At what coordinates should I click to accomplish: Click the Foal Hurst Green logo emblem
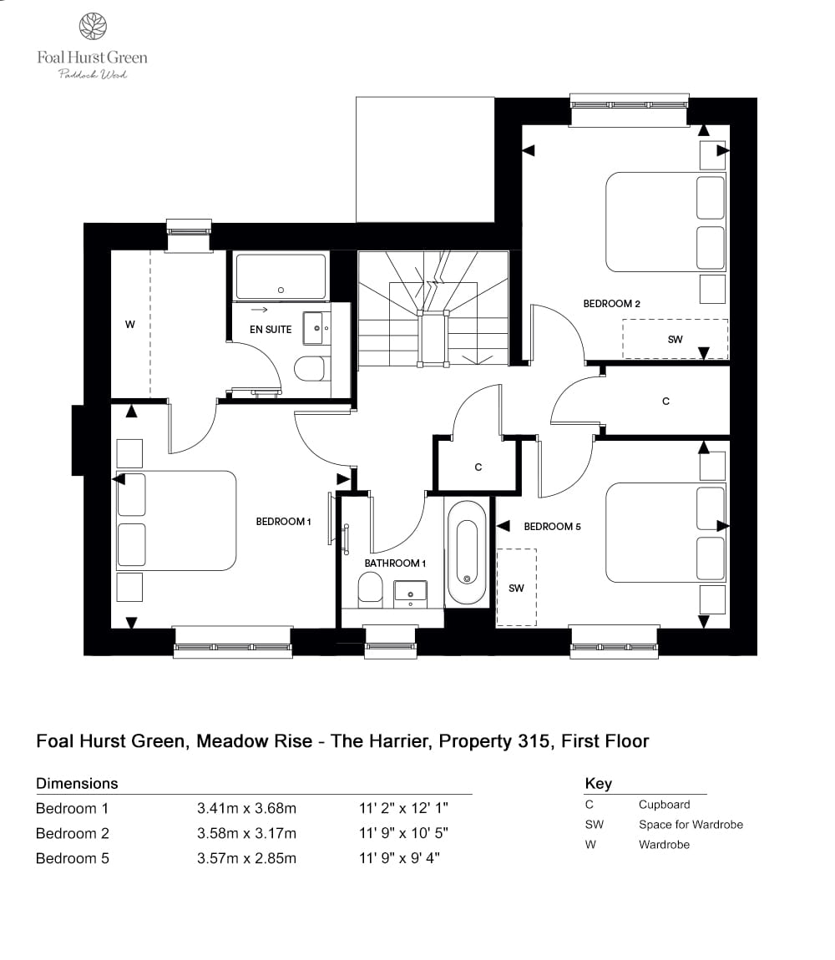(x=92, y=27)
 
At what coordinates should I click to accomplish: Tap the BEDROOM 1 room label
(x=283, y=522)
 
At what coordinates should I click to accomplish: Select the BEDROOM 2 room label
(x=611, y=304)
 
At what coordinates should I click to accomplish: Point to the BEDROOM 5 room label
(x=552, y=527)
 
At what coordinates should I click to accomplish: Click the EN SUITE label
(x=271, y=330)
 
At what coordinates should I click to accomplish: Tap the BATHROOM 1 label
(x=395, y=563)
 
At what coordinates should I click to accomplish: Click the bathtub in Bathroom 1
(x=467, y=552)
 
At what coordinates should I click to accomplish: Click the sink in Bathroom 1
(x=409, y=591)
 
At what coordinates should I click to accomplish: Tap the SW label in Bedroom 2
(x=675, y=340)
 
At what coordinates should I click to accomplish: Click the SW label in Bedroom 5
(x=516, y=589)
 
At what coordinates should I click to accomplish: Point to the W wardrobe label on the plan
(x=129, y=325)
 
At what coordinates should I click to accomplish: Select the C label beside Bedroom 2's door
(x=665, y=402)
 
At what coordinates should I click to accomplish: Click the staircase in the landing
(x=433, y=309)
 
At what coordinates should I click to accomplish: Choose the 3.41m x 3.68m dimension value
(x=246, y=808)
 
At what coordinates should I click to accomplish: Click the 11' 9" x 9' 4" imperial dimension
(x=399, y=858)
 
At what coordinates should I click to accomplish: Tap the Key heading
(x=598, y=783)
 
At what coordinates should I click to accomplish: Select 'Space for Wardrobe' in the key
(x=691, y=825)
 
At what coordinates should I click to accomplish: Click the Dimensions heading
(x=77, y=783)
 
